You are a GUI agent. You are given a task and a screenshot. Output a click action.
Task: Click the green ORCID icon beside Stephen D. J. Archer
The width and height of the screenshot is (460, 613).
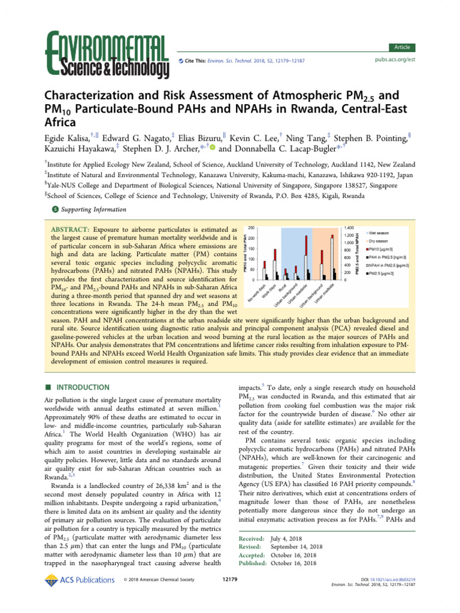pos(212,149)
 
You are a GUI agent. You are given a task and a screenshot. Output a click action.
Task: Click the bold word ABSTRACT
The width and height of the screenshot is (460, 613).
pos(69,230)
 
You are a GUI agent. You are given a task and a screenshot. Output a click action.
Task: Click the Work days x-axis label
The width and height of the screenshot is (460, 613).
pos(267,290)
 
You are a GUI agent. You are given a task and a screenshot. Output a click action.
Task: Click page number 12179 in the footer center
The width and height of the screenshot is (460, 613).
pos(230,579)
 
